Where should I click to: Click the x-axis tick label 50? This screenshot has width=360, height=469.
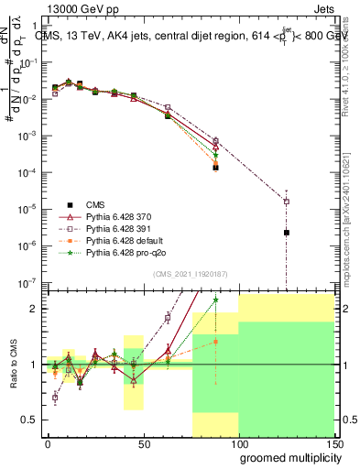pyautogui.click(x=143, y=443)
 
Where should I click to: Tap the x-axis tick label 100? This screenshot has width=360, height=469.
pyautogui.click(x=238, y=443)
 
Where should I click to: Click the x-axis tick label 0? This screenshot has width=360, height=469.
pyautogui.click(x=48, y=443)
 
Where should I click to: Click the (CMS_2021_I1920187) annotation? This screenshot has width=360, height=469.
pyautogui.click(x=189, y=274)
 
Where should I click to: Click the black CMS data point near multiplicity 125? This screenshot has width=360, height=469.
pyautogui.click(x=287, y=233)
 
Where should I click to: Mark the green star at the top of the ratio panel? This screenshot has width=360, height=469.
pyautogui.click(x=215, y=300)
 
